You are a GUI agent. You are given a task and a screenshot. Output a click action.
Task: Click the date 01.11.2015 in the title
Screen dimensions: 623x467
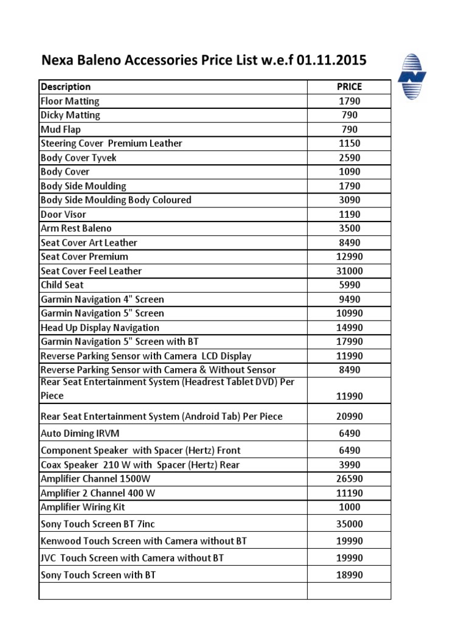click(x=332, y=61)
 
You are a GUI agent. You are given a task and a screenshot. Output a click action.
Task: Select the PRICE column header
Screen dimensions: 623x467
click(x=349, y=87)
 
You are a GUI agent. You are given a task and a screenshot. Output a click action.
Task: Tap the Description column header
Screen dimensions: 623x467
click(x=66, y=87)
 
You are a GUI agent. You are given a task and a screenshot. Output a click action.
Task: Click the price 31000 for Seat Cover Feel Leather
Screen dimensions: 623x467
click(x=349, y=271)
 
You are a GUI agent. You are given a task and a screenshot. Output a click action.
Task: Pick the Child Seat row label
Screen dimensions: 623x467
click(x=62, y=285)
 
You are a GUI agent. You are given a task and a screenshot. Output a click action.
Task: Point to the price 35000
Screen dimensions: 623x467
click(x=349, y=524)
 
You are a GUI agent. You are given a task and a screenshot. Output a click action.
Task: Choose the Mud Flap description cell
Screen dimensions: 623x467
click(x=60, y=130)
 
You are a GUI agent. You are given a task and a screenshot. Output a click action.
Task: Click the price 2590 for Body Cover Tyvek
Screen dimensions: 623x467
click(x=349, y=158)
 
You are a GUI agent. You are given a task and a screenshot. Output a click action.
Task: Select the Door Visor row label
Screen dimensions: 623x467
click(x=63, y=215)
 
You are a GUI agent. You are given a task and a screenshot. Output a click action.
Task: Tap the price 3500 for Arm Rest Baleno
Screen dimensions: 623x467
click(x=349, y=229)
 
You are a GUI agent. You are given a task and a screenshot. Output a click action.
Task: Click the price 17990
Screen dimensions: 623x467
click(x=349, y=342)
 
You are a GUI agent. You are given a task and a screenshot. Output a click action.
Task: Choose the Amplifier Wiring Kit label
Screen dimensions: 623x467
click(x=83, y=507)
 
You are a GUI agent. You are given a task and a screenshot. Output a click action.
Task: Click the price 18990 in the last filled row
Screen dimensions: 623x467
click(x=349, y=575)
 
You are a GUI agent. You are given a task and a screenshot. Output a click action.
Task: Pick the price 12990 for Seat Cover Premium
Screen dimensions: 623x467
click(x=349, y=257)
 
